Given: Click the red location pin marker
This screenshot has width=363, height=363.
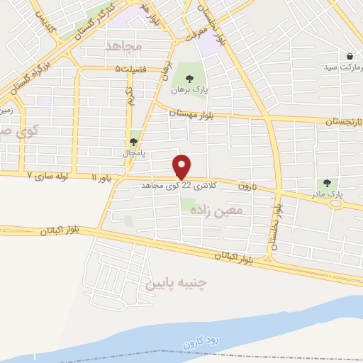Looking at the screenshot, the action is tap(182, 167).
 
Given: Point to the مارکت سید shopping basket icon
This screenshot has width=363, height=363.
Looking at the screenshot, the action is tap(350, 56).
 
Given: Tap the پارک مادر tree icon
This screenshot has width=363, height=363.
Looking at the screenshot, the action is tap(327, 183).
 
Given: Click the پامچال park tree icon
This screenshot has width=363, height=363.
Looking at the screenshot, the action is tap(134, 142).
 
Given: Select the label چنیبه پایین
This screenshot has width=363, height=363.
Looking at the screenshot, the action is tap(175, 284).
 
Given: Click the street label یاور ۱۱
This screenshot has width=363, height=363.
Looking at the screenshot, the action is tap(101, 175).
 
